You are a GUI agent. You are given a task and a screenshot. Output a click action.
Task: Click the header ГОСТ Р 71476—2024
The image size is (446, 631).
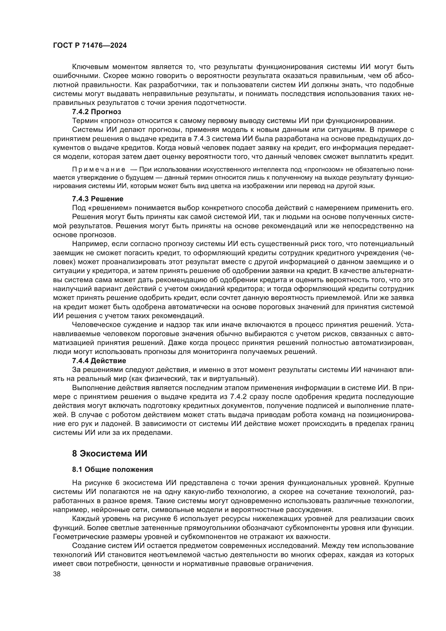pos(90,46)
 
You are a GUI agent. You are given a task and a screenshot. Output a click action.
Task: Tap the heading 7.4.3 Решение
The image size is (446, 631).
pos(98,199)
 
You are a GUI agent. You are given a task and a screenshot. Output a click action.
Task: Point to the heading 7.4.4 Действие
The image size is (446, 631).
pos(99,360)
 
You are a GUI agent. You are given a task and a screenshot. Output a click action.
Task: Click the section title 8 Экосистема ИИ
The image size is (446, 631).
pos(109,454)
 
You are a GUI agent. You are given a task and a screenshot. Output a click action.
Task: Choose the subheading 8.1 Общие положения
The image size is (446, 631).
pos(112,470)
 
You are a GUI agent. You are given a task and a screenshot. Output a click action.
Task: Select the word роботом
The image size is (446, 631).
pos(102,414)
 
